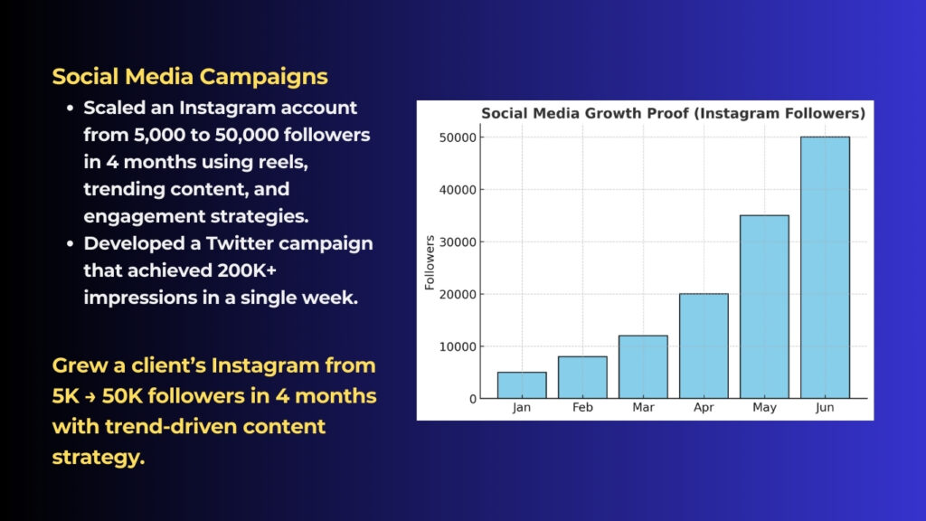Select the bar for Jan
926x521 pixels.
[x=522, y=385]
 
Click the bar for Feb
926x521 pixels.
[x=582, y=377]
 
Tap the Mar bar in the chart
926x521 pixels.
[x=643, y=367]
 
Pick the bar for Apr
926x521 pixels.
[x=704, y=346]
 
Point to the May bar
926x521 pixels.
[x=764, y=307]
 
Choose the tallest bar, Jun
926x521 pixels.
[x=825, y=268]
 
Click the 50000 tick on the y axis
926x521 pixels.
[x=458, y=137]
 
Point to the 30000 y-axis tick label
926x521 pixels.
[x=458, y=242]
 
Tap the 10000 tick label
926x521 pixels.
[x=458, y=346]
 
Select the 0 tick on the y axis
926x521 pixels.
[x=473, y=399]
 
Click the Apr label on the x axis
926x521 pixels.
[x=704, y=409]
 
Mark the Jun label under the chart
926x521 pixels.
[x=825, y=409]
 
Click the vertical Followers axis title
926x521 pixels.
[x=430, y=262]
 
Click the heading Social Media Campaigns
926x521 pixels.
[x=190, y=76]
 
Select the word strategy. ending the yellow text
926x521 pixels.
[x=99, y=456]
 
